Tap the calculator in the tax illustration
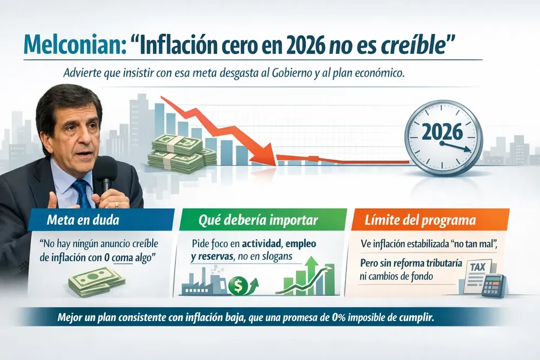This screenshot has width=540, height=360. point(493,286)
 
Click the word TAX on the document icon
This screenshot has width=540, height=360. point(478,267)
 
